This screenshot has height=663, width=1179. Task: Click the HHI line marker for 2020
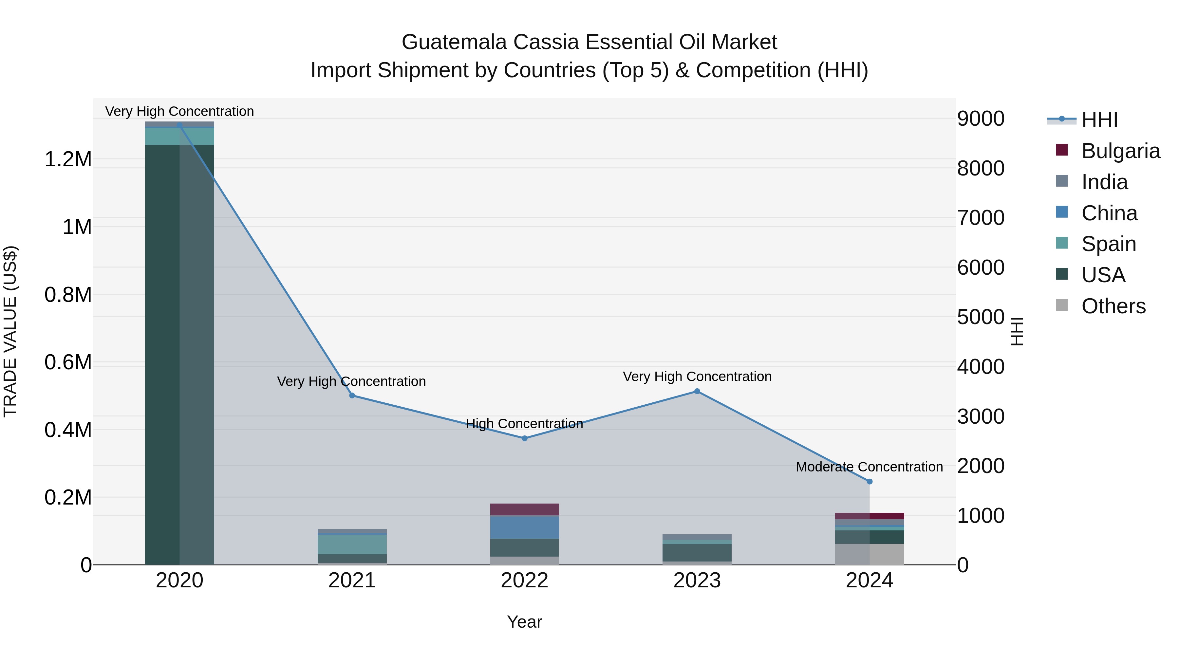pyautogui.click(x=179, y=125)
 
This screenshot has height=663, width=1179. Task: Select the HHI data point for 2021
pyautogui.click(x=352, y=395)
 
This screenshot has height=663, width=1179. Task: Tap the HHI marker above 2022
pyautogui.click(x=525, y=438)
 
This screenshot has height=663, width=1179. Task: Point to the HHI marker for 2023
pyautogui.click(x=697, y=391)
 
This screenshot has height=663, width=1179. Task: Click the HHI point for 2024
pyautogui.click(x=870, y=481)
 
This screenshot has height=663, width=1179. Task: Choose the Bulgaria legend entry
pyautogui.click(x=1120, y=151)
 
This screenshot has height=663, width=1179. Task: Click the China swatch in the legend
pyautogui.click(x=1062, y=212)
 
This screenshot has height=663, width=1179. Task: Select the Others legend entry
pyautogui.click(x=1113, y=306)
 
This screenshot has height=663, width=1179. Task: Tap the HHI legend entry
pyautogui.click(x=1099, y=120)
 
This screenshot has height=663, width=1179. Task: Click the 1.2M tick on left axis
pyautogui.click(x=68, y=160)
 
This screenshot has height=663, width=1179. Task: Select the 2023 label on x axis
pyautogui.click(x=697, y=580)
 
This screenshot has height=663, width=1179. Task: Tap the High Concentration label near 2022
pyautogui.click(x=525, y=424)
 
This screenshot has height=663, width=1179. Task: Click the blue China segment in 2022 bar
pyautogui.click(x=525, y=527)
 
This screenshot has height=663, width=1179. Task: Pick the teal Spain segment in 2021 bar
pyautogui.click(x=352, y=544)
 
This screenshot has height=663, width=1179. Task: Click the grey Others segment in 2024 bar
pyautogui.click(x=870, y=554)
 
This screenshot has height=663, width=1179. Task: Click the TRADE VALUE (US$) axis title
pyautogui.click(x=10, y=332)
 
